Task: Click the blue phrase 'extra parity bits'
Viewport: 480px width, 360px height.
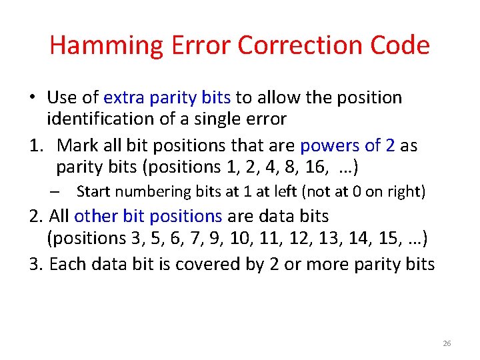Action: point(167,98)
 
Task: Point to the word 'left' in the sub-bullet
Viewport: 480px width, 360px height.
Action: point(285,192)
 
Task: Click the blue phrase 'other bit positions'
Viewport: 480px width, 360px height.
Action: point(148,216)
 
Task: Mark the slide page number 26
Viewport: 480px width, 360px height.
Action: point(447,343)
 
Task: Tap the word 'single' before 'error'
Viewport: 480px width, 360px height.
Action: point(222,119)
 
